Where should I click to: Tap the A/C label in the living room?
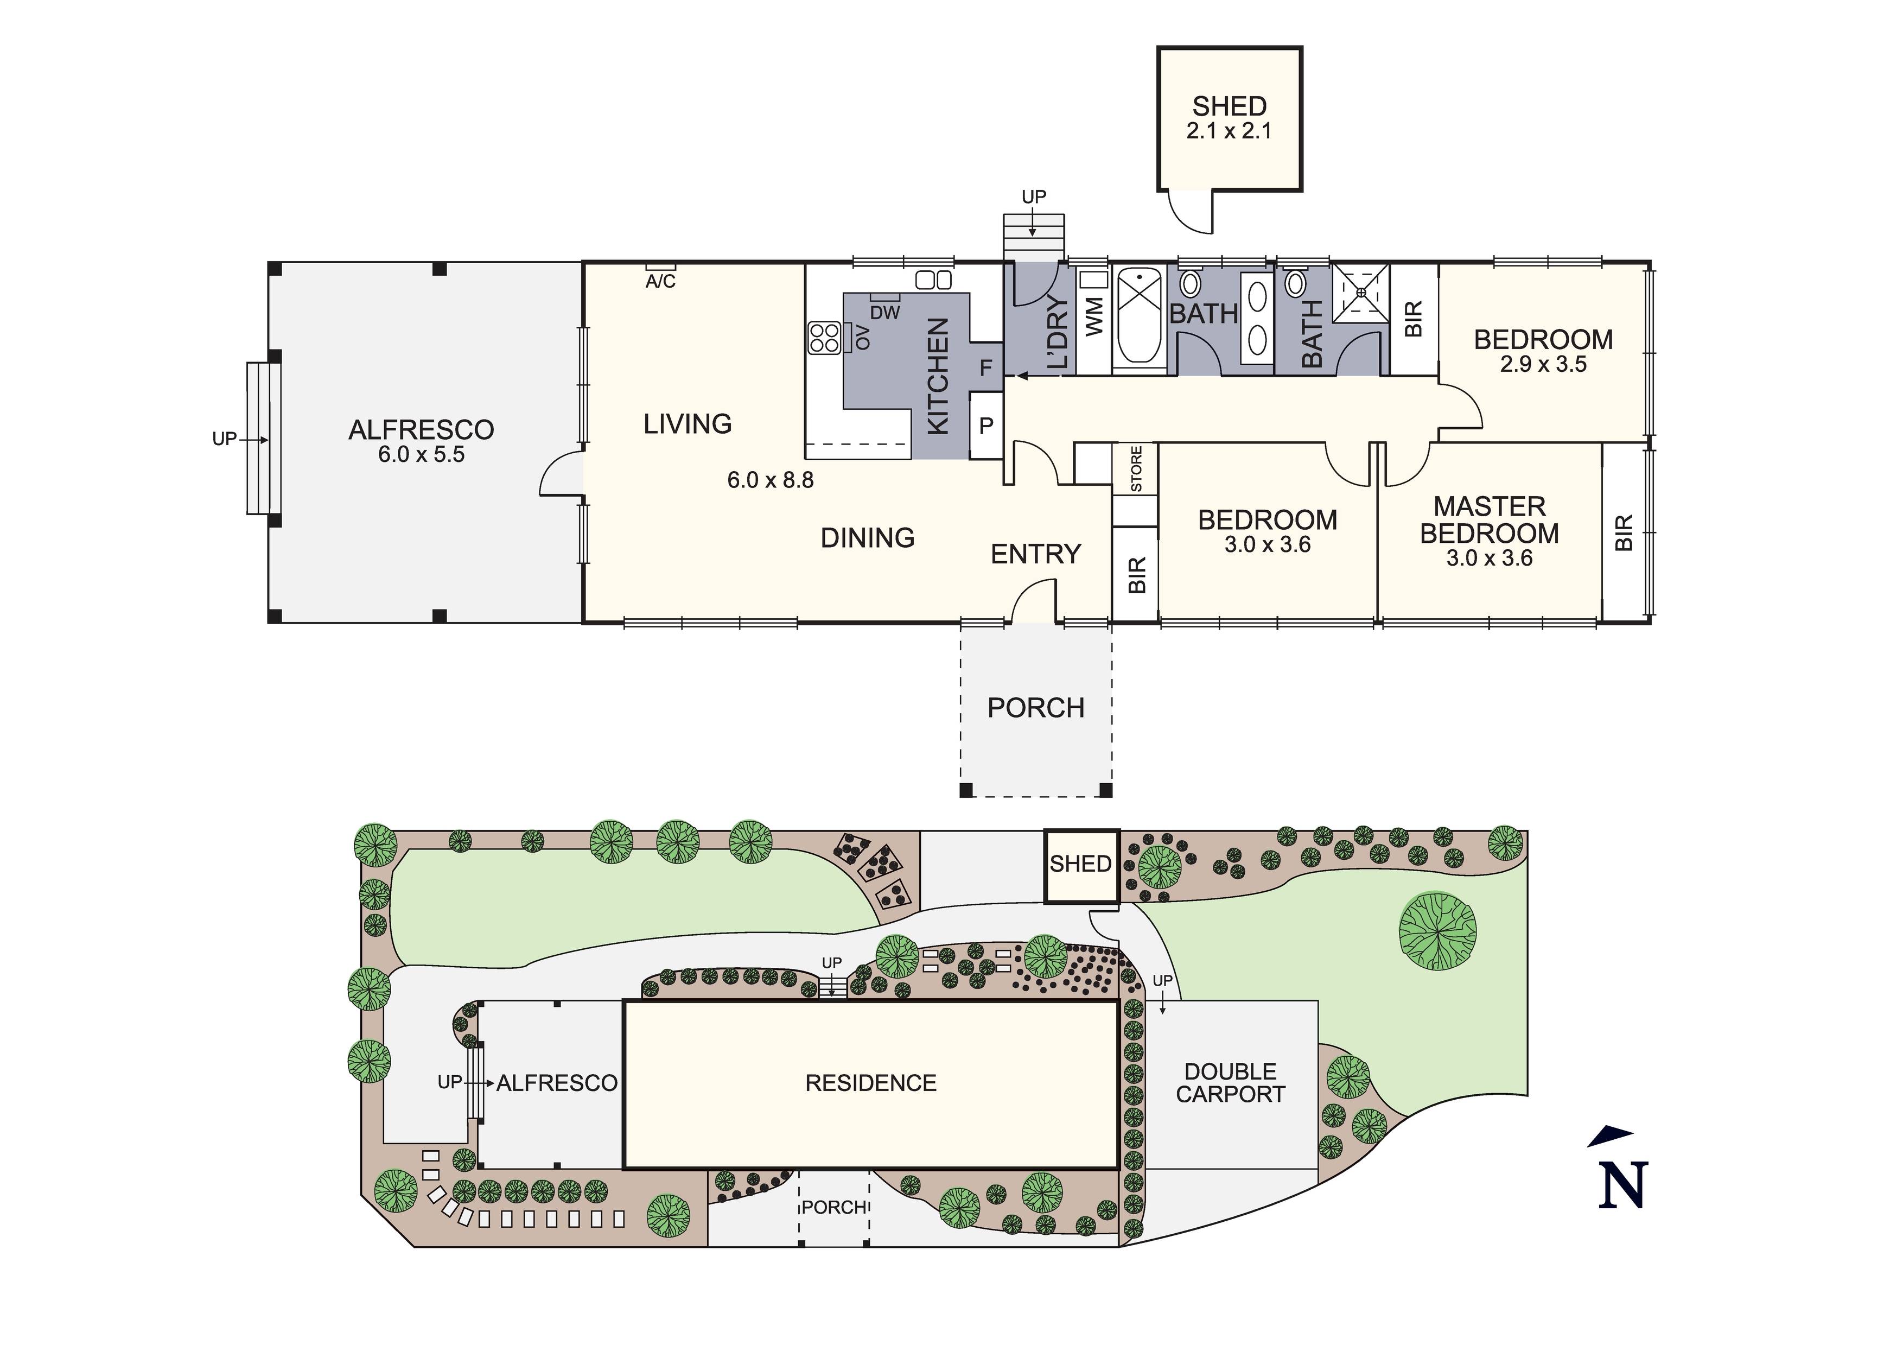[x=660, y=282]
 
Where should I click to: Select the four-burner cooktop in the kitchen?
[x=825, y=338]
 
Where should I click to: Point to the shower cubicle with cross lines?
[x=1360, y=293]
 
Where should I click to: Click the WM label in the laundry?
[x=1094, y=317]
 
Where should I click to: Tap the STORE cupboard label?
[x=1136, y=470]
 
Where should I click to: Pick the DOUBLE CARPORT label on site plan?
[x=1230, y=1083]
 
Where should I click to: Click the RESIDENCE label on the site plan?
[x=871, y=1083]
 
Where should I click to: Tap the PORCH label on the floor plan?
[x=1036, y=708]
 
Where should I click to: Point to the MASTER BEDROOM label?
[x=1490, y=520]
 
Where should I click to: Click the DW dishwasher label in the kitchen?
[x=885, y=313]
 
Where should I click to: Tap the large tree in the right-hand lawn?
[x=1438, y=930]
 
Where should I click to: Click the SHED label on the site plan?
[x=1081, y=864]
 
